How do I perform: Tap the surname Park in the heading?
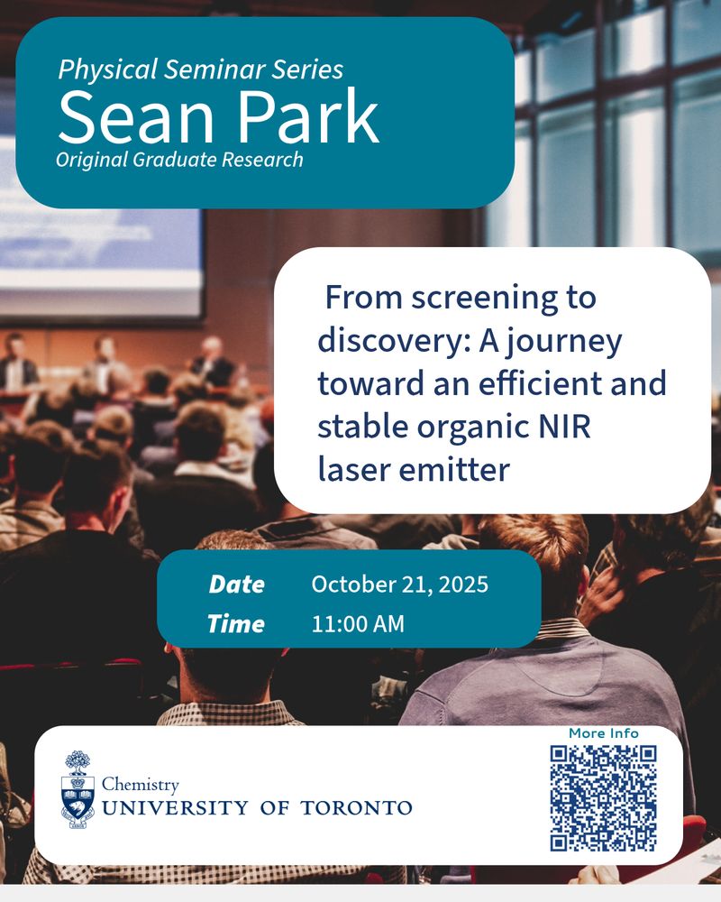tap(308, 118)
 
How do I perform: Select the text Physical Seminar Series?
tap(200, 69)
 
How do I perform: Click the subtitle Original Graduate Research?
tap(179, 160)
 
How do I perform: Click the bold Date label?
tap(236, 584)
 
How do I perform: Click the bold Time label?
tap(236, 623)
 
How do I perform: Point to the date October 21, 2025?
tap(399, 584)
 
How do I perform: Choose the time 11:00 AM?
tap(358, 623)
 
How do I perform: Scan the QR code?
tap(603, 798)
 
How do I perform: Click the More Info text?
tap(603, 733)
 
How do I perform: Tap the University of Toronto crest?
tap(78, 788)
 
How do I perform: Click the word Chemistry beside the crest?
tap(141, 786)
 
